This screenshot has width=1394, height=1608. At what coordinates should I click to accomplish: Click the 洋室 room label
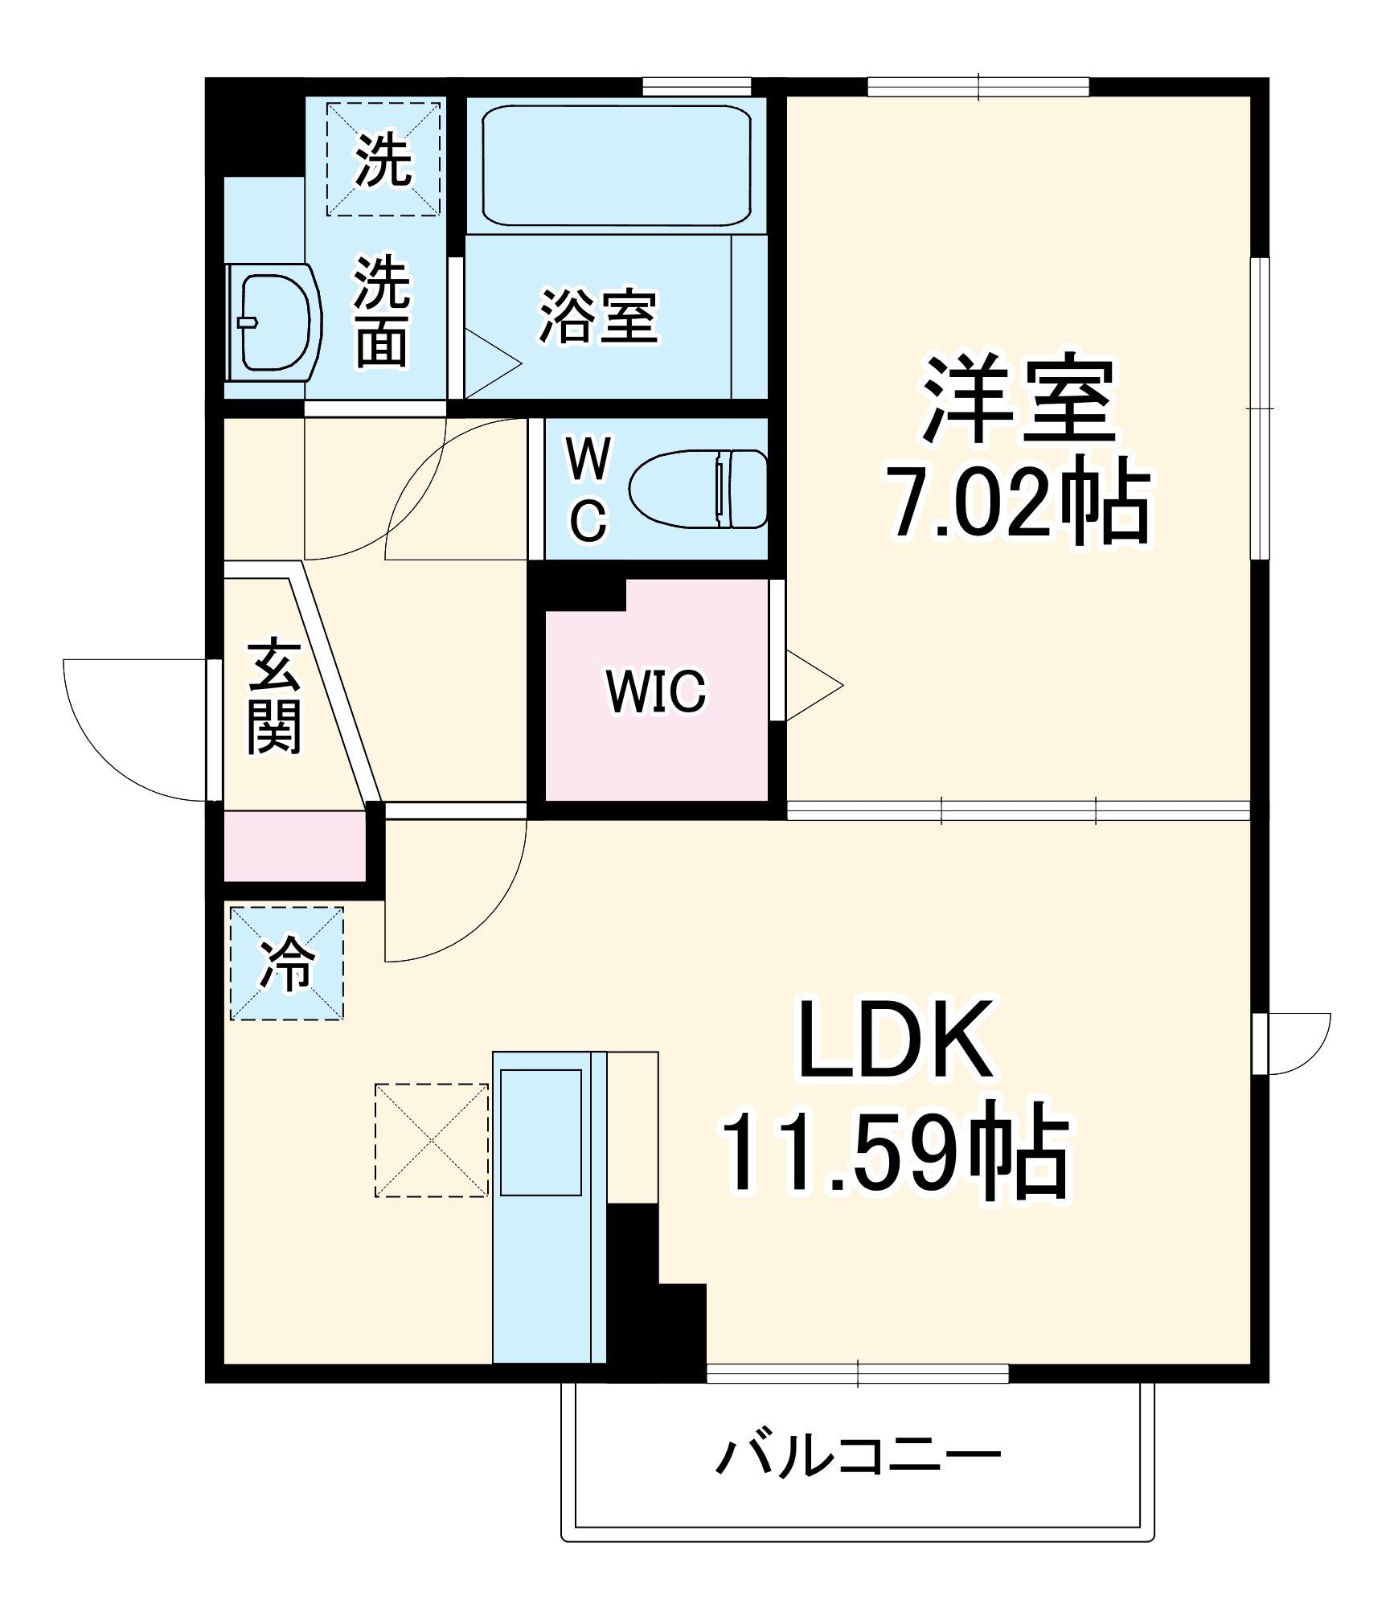coord(1019,400)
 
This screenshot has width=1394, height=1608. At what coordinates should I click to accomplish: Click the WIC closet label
coord(656,691)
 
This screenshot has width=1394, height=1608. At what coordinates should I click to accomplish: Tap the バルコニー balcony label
coord(858,1455)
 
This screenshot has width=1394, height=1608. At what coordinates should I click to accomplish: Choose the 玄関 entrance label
coord(274,696)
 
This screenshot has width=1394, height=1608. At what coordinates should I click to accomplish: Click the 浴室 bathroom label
coord(598,316)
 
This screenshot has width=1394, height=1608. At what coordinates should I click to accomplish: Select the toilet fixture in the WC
coord(698,489)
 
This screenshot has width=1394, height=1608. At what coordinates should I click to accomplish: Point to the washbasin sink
coord(273,322)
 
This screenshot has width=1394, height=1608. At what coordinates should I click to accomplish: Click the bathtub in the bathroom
coord(616,166)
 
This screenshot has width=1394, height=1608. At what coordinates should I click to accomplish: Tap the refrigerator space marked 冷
coord(287,963)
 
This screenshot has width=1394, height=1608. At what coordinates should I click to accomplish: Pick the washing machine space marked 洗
coord(383,158)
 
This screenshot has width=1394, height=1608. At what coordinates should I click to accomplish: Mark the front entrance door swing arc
coord(121,748)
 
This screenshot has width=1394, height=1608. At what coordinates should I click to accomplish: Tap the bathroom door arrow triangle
coord(490,363)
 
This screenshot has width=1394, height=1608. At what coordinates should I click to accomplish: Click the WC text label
coord(588,489)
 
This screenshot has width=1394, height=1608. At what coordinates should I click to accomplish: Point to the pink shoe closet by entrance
coord(294,846)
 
